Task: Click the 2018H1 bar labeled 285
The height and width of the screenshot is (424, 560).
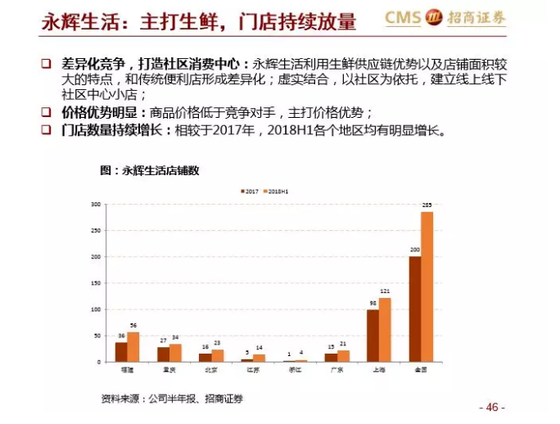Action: (x=427, y=286)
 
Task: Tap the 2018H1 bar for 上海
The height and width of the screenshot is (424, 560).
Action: (x=385, y=329)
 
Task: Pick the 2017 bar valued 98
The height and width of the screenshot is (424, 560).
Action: (x=373, y=336)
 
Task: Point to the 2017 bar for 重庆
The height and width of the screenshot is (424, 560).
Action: (x=163, y=354)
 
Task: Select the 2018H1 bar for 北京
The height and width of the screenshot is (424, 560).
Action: (x=218, y=355)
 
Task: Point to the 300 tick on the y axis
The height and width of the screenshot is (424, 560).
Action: (x=95, y=204)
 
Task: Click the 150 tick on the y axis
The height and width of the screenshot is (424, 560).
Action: (x=95, y=282)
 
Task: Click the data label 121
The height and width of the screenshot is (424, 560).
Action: (x=385, y=292)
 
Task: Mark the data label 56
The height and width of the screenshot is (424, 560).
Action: (x=133, y=326)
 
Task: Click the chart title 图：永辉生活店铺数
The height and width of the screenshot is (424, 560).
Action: (x=150, y=170)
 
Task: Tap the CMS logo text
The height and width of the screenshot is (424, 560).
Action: (x=406, y=16)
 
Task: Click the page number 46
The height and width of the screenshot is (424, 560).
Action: (x=491, y=407)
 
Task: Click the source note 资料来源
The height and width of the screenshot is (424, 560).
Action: (x=120, y=399)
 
